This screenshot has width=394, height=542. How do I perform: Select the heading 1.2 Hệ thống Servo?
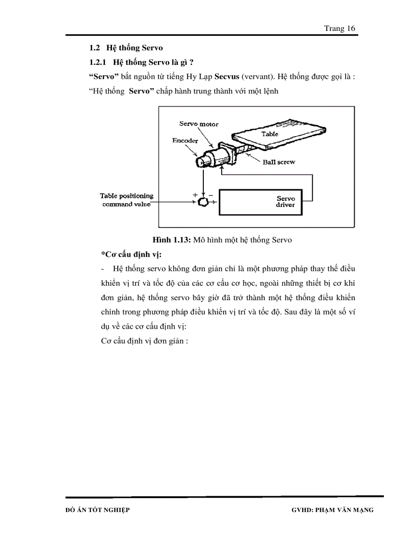126,48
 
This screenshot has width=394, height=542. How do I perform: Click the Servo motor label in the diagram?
198,124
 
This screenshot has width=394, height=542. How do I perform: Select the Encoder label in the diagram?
185,140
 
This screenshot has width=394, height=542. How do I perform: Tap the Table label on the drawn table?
269,134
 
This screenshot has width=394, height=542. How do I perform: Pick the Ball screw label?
279,162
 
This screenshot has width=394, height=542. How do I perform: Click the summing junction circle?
203,201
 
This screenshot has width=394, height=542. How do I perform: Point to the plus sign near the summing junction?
195,194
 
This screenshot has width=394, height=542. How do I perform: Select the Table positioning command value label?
127,200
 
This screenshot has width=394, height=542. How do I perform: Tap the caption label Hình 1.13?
171,240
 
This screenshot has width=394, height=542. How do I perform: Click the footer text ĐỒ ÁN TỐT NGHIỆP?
97,510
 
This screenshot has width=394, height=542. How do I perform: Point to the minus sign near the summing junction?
210,194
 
